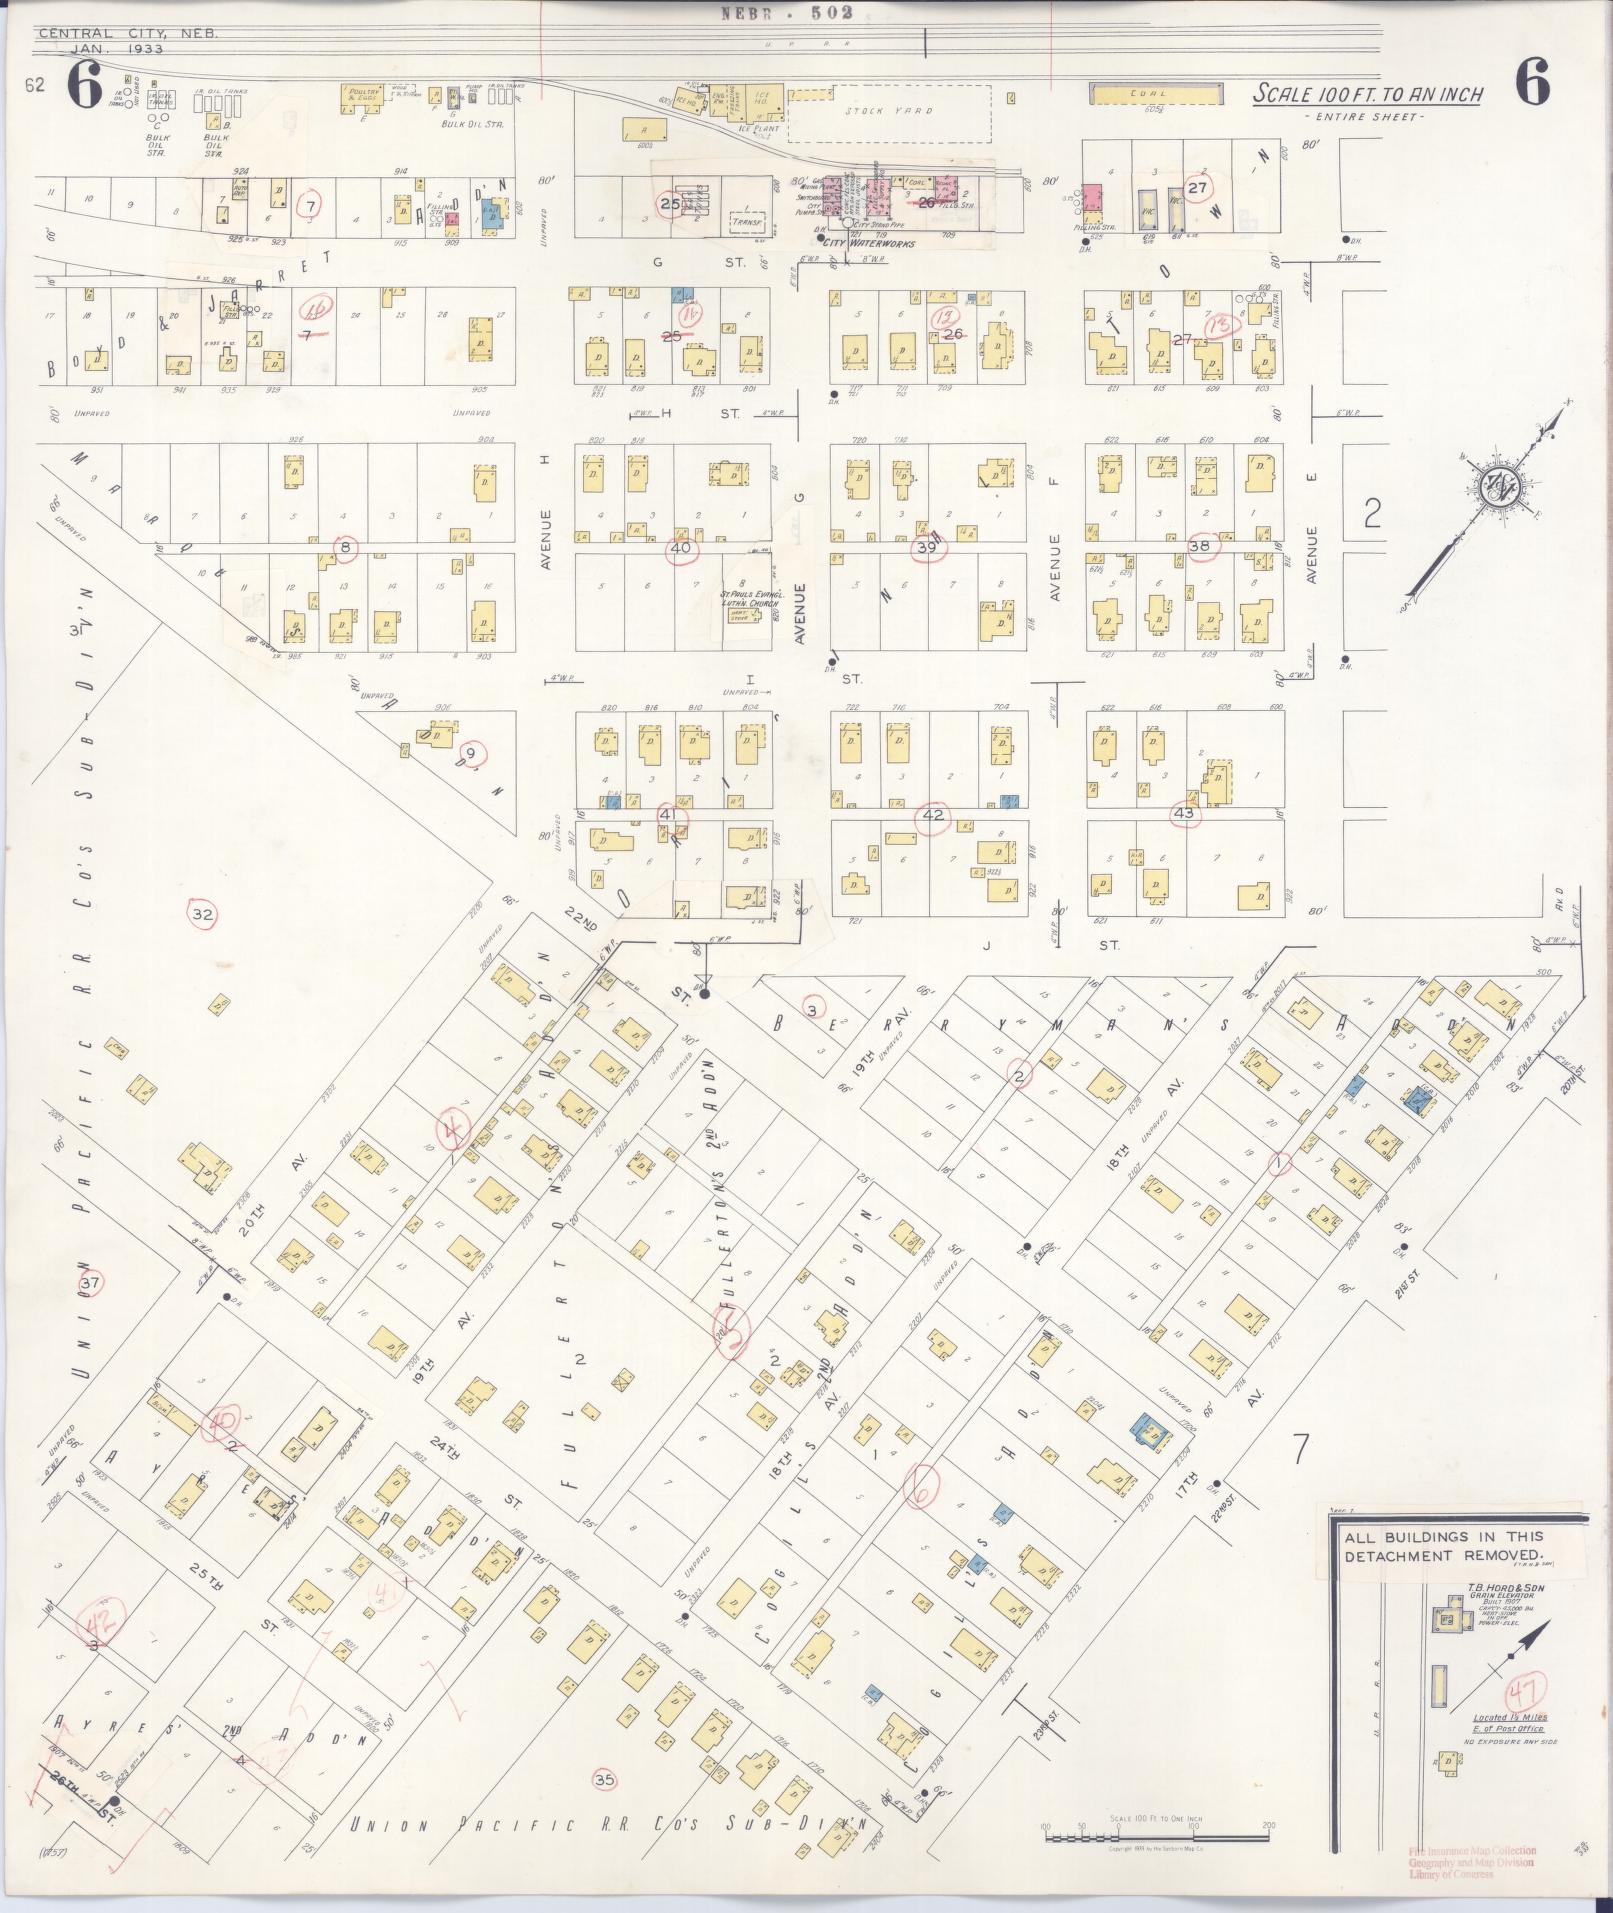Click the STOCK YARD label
[889, 111]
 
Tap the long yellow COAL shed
[1155, 94]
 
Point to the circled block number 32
[203, 914]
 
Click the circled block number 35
[603, 1779]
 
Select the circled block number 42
[933, 816]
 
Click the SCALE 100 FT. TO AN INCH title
[1368, 95]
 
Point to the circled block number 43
[1185, 813]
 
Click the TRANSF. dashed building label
[748, 222]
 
